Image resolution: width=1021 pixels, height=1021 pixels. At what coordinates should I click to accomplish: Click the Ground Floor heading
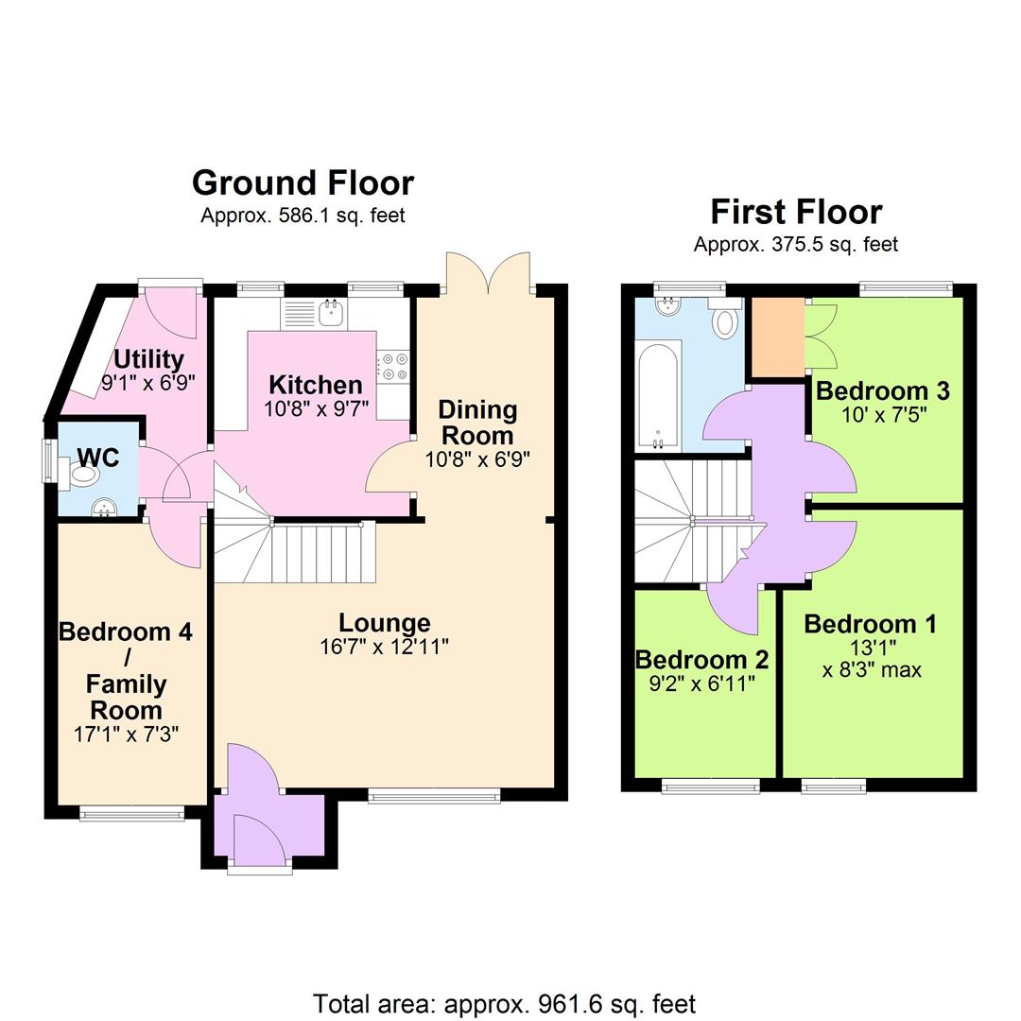click(x=303, y=182)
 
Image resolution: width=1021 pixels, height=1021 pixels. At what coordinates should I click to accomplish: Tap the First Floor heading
click(x=796, y=211)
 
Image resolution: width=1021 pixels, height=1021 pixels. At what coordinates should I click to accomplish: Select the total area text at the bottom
click(x=504, y=1003)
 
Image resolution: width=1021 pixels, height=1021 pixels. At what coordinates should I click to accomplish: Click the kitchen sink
click(x=331, y=313)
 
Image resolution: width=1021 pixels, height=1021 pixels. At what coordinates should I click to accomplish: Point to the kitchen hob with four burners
click(x=392, y=367)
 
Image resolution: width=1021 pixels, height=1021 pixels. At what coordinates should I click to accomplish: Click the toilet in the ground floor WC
click(x=82, y=472)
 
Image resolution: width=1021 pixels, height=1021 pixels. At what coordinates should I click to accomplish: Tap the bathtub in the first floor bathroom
click(x=659, y=395)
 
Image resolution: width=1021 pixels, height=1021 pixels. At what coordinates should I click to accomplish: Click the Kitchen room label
click(x=315, y=385)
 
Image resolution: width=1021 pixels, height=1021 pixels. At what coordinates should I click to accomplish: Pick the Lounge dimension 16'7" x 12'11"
click(x=384, y=648)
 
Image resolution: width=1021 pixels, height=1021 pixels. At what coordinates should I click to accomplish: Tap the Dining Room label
click(x=477, y=423)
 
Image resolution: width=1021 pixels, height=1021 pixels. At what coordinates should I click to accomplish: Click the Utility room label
click(x=148, y=359)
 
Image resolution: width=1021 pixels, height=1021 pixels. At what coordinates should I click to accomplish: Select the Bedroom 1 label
click(x=870, y=624)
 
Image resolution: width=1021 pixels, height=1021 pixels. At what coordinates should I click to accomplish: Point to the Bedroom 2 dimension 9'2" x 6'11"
click(x=701, y=684)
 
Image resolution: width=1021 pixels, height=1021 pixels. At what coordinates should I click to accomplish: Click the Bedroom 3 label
click(x=882, y=390)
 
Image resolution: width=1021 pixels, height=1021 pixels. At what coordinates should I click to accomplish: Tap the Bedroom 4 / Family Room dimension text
click(x=126, y=733)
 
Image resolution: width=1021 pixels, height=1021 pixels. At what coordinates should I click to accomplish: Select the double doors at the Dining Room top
click(x=488, y=274)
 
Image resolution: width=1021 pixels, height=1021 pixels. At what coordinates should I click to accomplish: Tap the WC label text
click(x=97, y=458)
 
